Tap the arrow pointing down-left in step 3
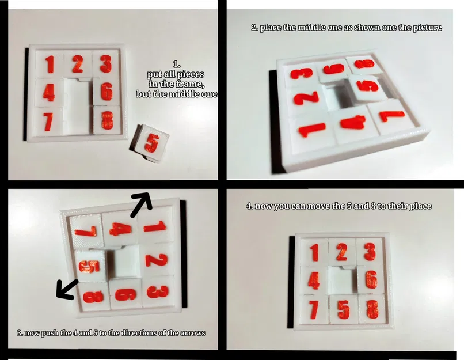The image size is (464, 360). click(67, 289)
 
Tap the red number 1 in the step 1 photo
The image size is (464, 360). click(50, 65)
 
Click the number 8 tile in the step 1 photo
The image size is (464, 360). click(107, 120)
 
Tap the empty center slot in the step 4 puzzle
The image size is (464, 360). click(343, 280)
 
